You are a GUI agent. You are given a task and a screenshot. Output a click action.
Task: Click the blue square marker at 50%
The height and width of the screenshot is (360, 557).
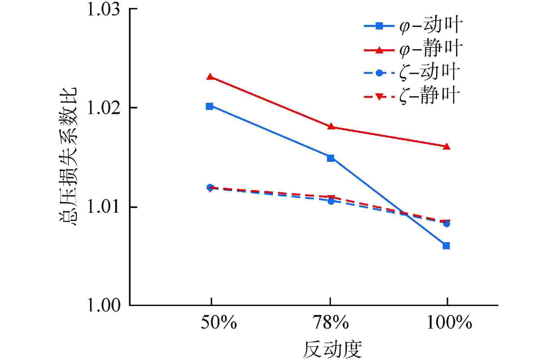(x=209, y=106)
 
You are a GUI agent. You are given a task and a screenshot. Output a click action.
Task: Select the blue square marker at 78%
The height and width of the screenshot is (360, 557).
(x=331, y=158)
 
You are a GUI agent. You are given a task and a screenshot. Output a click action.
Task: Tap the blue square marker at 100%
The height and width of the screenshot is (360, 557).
(x=446, y=246)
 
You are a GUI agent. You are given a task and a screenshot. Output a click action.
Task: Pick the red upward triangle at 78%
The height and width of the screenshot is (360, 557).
(x=331, y=126)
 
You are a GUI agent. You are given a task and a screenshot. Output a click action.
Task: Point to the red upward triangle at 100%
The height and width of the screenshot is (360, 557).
(x=447, y=147)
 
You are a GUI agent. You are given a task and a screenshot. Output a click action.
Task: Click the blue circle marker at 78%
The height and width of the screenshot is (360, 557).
(x=331, y=201)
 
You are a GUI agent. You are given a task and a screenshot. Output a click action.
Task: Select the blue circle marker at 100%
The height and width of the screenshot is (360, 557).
(x=447, y=224)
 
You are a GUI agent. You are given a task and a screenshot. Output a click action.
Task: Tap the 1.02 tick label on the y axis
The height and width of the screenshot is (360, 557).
(x=103, y=108)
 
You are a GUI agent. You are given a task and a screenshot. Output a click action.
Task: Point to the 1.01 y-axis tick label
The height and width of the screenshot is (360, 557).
(x=103, y=207)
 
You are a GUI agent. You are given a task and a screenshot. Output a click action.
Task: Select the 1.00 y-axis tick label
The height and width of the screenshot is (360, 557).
(x=103, y=305)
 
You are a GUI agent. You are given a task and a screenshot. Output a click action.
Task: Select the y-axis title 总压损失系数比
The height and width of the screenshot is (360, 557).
(x=68, y=157)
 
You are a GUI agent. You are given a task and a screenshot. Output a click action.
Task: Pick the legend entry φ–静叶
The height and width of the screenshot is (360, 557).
(x=413, y=49)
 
